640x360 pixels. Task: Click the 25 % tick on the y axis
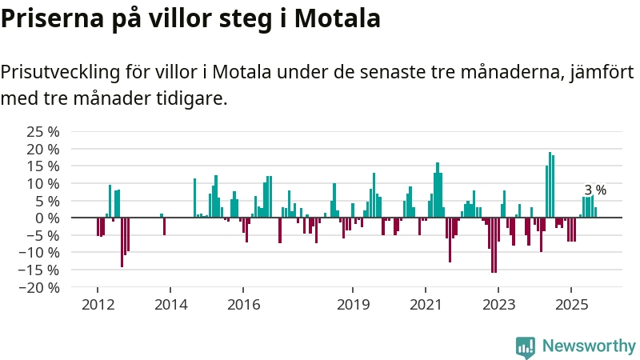pyautogui.click(x=44, y=132)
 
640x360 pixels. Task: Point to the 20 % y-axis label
pyautogui.click(x=44, y=149)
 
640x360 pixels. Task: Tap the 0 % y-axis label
pyautogui.click(x=47, y=218)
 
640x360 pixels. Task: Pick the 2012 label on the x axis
pyautogui.click(x=98, y=305)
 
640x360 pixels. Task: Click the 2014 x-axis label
pyautogui.click(x=170, y=305)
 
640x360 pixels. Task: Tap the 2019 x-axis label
pyautogui.click(x=353, y=305)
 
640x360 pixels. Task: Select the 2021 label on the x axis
pyautogui.click(x=426, y=305)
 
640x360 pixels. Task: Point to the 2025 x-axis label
pyautogui.click(x=571, y=305)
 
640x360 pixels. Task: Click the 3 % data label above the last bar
pyautogui.click(x=595, y=190)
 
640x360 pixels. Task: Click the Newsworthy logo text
pyautogui.click(x=589, y=346)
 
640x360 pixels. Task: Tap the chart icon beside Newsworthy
pyautogui.click(x=526, y=346)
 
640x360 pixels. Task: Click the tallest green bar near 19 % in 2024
pyautogui.click(x=550, y=185)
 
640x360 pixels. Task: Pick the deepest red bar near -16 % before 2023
pyautogui.click(x=493, y=245)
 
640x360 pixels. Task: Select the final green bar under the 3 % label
pyautogui.click(x=595, y=212)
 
